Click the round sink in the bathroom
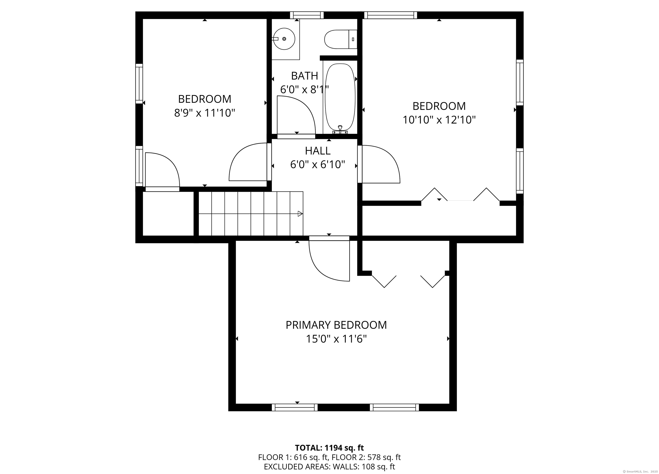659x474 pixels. point(284,39)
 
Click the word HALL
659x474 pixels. point(317,151)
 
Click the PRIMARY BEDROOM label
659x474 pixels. point(336,325)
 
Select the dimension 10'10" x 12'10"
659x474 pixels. point(439,120)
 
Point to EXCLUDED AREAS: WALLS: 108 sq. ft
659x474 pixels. point(329,467)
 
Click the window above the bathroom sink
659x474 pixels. point(307,15)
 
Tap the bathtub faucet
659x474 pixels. point(340,130)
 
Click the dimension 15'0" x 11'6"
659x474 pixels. point(336,339)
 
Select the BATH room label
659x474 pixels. point(305,76)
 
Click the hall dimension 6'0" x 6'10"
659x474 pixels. point(317,165)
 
